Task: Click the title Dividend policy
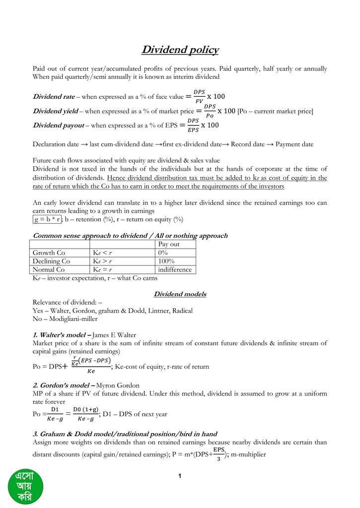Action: point(180,50)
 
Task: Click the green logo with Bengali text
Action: point(25,488)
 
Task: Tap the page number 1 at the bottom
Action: point(180,477)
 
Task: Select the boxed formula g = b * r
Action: point(47,219)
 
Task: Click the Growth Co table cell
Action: point(49,253)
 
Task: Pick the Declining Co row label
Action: point(51,261)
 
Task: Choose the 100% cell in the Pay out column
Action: point(166,261)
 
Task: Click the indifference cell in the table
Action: point(174,270)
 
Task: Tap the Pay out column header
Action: point(169,245)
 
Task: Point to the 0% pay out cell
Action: point(163,253)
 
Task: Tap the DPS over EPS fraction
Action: point(194,126)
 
